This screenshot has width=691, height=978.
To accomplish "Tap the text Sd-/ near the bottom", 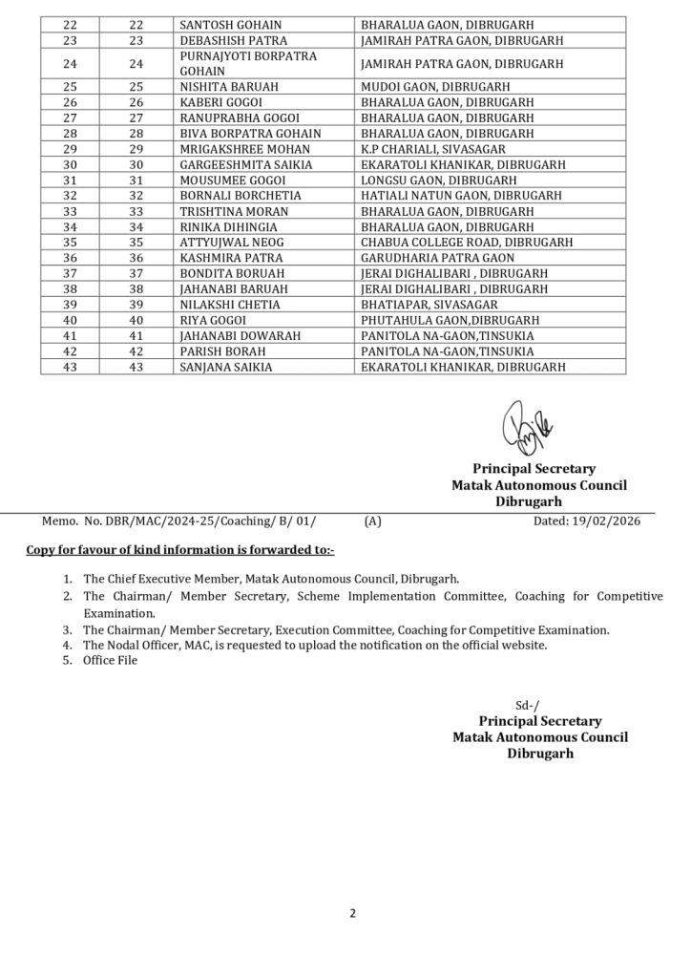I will pyautogui.click(x=527, y=704).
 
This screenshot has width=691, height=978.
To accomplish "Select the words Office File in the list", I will pyautogui.click(x=111, y=661).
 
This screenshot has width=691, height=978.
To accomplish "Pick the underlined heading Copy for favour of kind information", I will pyautogui.click(x=180, y=551).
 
